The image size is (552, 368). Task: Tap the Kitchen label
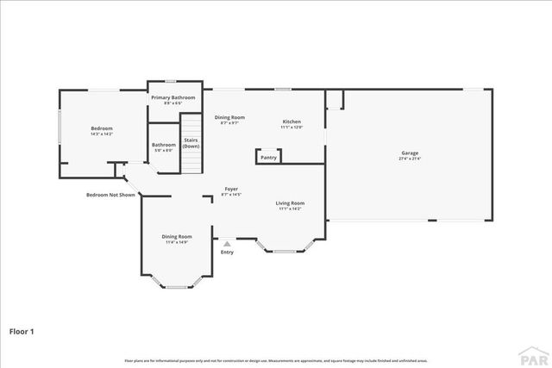click(292, 122)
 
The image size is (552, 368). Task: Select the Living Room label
click(289, 203)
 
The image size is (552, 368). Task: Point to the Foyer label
click(231, 189)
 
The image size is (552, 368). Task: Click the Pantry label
click(269, 158)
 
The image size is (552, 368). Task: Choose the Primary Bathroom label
click(173, 98)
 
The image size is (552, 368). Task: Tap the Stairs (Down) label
click(191, 142)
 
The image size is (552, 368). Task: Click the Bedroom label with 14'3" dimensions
click(102, 128)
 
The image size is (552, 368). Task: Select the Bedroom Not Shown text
click(110, 195)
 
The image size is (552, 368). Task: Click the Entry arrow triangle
click(227, 244)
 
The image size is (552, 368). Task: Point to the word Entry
click(227, 253)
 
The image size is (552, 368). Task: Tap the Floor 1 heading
click(22, 330)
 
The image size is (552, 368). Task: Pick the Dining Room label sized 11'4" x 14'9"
click(176, 237)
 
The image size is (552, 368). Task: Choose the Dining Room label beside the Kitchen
click(230, 117)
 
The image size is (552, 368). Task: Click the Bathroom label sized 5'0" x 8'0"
click(164, 145)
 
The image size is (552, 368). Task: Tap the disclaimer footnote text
click(276, 360)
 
